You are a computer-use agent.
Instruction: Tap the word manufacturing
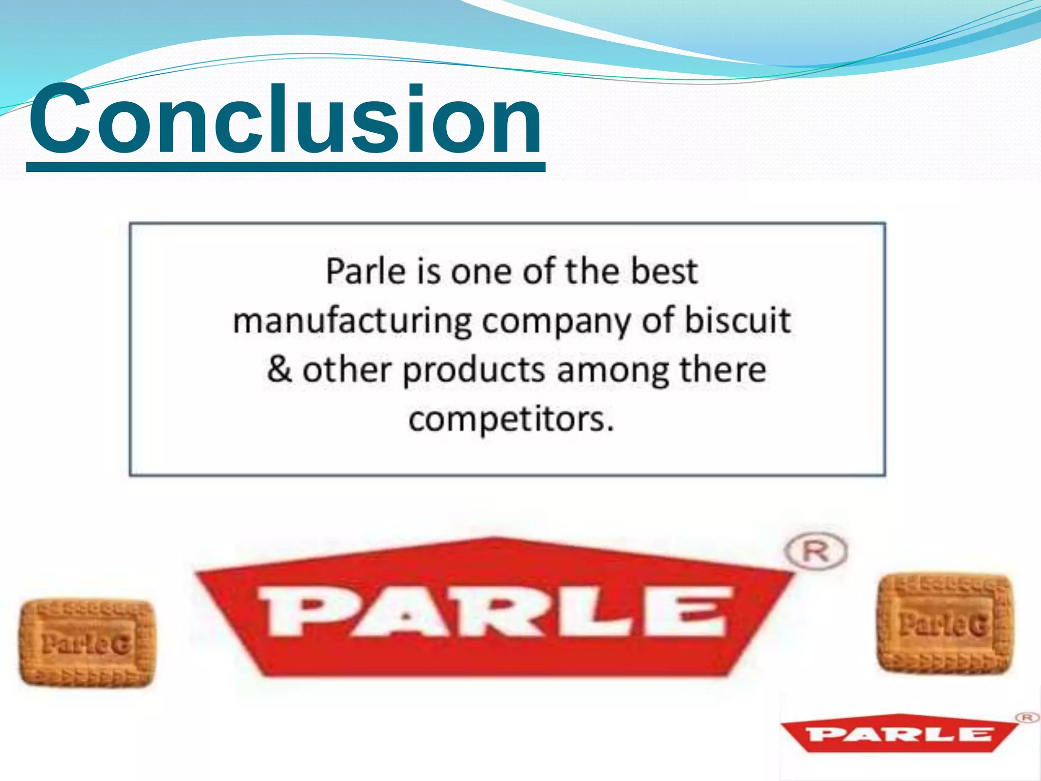352,322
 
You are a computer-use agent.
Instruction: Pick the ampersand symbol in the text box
279,370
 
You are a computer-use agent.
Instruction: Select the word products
474,370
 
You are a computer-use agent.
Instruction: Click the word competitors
511,420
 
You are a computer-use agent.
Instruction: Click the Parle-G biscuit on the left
86,643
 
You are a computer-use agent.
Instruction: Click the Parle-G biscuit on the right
944,623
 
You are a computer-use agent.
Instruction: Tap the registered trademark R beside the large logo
815,551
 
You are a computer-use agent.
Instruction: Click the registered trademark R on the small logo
1027,717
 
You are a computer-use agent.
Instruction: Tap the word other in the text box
347,370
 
